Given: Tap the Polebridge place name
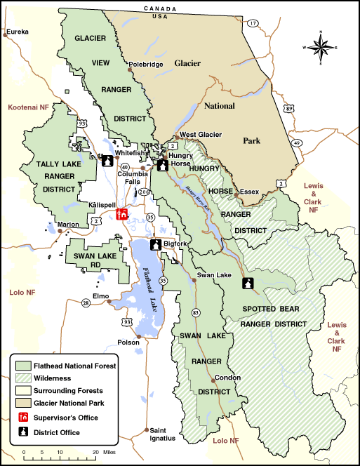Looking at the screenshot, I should click(x=146, y=64).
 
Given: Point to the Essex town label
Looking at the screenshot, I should click(x=249, y=191).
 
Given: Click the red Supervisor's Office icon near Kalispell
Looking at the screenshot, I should click(x=121, y=214).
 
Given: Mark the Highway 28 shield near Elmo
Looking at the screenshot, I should click(x=86, y=302).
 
